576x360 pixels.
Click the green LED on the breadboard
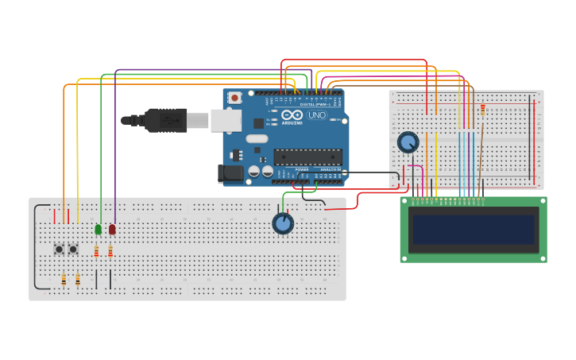[99, 230]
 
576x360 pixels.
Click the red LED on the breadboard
[112, 230]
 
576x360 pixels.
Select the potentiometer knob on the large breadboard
[283, 224]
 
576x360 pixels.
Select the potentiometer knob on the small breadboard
[408, 142]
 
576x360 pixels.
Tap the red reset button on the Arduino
[234, 98]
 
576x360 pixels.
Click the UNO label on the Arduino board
[316, 115]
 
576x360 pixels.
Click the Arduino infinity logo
[292, 114]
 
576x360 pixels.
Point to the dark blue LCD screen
[473, 229]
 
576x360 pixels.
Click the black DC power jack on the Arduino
[230, 173]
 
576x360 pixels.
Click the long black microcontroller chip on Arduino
[307, 157]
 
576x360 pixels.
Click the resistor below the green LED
[96, 253]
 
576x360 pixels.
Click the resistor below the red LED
[110, 253]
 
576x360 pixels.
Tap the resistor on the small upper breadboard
[483, 109]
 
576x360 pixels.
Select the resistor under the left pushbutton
[64, 279]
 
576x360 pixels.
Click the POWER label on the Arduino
[302, 169]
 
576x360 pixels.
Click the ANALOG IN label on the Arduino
[331, 169]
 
